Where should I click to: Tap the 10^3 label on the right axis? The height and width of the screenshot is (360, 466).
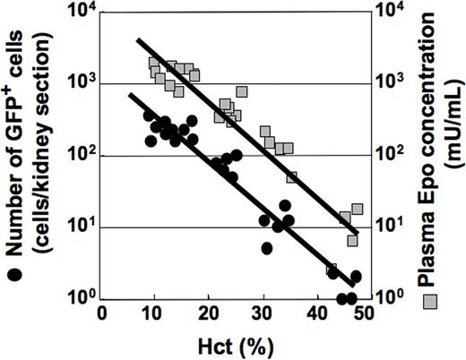[x=388, y=85]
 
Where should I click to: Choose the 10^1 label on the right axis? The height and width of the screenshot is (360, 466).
[x=388, y=227]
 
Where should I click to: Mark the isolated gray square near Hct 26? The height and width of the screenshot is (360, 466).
[x=242, y=91]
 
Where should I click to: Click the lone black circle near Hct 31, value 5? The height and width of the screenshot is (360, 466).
[x=267, y=248]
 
